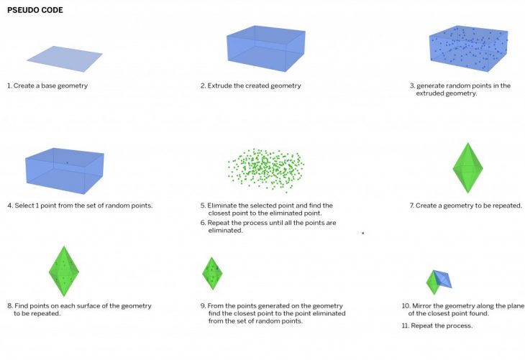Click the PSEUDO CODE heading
(x=35, y=10)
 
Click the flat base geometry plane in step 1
(x=65, y=59)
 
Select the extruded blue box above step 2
(x=266, y=49)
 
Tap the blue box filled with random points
(x=469, y=49)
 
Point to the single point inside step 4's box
(x=67, y=163)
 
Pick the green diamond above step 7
(x=467, y=168)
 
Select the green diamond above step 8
(x=64, y=272)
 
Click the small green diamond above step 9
(x=212, y=273)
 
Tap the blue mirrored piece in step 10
(x=442, y=279)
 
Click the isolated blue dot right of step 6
(x=363, y=233)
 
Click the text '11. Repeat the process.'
(x=437, y=326)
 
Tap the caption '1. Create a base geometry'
(x=47, y=86)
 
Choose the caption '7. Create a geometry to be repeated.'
(x=466, y=206)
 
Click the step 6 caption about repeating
(x=268, y=226)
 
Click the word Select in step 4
(x=24, y=206)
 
